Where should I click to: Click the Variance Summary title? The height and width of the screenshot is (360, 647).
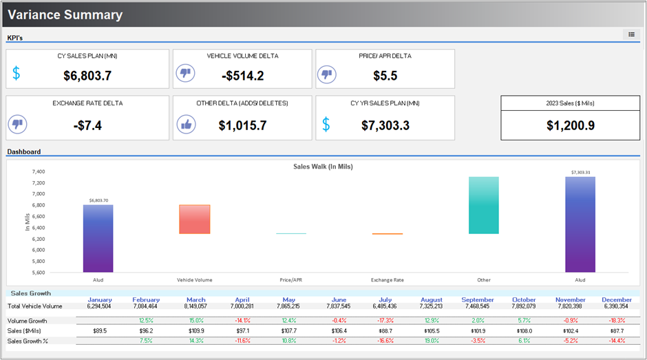pos(65,14)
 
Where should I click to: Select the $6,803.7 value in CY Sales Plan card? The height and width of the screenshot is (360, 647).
pos(87,76)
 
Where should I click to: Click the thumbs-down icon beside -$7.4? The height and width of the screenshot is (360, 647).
pos(17,125)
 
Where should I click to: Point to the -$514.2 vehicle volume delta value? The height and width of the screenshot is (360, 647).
pos(242,76)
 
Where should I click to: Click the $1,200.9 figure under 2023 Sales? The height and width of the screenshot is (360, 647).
pos(570,125)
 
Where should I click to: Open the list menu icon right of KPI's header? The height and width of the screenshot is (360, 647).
pos(631,34)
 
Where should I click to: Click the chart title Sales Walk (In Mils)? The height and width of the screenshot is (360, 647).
pos(323,167)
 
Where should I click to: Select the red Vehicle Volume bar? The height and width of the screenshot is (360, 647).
pos(195,219)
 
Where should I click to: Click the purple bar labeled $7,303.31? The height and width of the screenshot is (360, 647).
pos(580,224)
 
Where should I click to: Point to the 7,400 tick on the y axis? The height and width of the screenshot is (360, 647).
pos(39,171)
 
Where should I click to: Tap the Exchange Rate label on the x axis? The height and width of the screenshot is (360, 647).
pos(387,280)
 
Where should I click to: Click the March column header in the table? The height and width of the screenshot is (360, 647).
pos(195,299)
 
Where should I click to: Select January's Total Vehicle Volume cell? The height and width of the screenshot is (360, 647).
pos(100,306)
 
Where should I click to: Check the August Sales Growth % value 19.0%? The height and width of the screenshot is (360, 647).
pos(431,340)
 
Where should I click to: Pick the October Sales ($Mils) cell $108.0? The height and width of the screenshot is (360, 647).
pos(524,330)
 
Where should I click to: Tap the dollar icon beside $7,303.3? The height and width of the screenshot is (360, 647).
pos(326,125)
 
